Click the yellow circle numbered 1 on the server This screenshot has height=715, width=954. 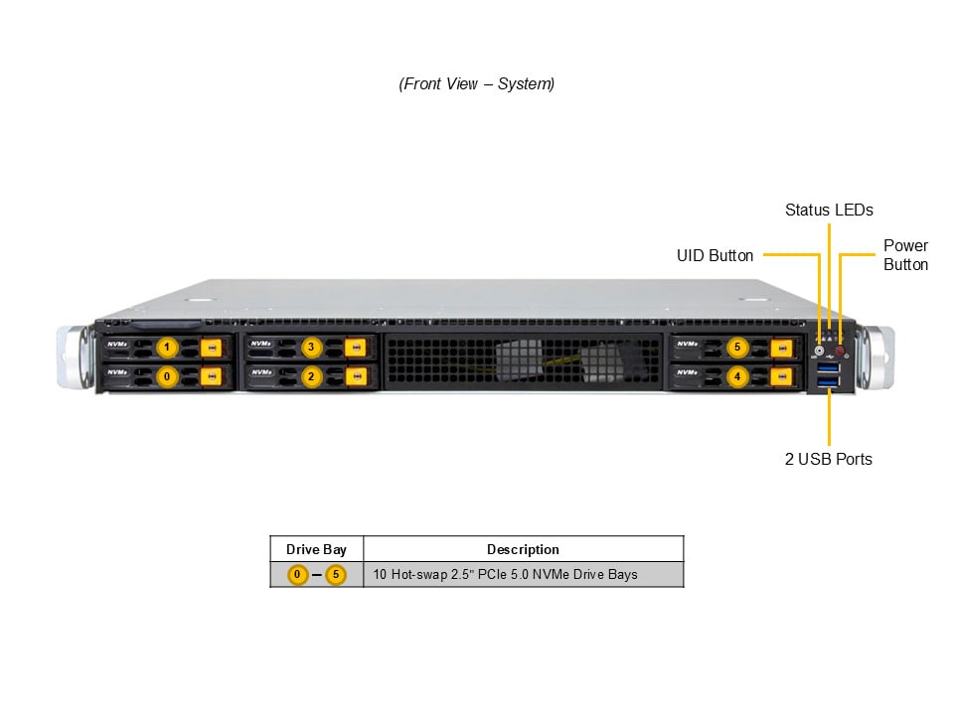click(x=167, y=348)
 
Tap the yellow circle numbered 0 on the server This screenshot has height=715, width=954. click(x=167, y=376)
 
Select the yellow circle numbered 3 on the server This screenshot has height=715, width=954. click(x=312, y=348)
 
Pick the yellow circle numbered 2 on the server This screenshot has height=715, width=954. click(x=312, y=376)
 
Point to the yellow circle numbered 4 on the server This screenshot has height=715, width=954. click(x=736, y=376)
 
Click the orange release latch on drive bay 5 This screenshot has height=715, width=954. click(x=781, y=348)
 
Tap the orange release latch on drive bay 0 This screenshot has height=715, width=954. click(x=211, y=376)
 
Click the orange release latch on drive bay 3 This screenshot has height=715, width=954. click(x=356, y=348)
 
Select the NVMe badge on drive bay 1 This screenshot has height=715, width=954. click(x=117, y=345)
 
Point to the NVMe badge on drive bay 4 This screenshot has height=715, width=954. click(x=687, y=373)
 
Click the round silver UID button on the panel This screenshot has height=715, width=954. click(x=820, y=351)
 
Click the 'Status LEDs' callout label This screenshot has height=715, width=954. click(x=829, y=210)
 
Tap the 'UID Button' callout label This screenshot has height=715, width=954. click(x=715, y=255)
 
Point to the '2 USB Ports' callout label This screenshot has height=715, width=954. click(x=829, y=459)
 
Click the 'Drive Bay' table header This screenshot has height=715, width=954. click(x=316, y=549)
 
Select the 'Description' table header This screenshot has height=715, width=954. click(x=523, y=549)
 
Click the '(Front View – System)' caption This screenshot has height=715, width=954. click(x=477, y=84)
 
